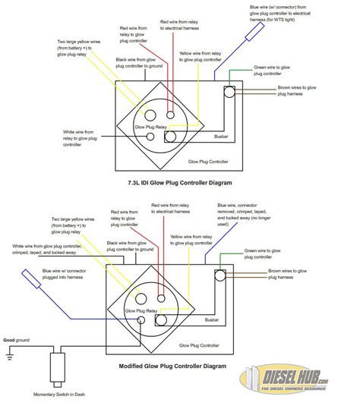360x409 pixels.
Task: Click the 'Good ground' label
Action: click(x=17, y=341)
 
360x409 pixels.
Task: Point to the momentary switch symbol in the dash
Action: click(x=55, y=372)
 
